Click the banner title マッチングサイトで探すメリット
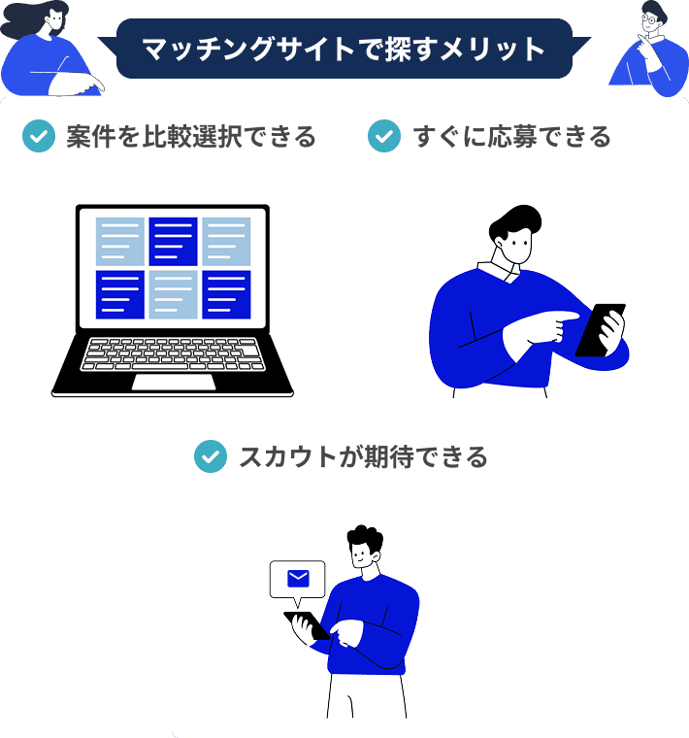click(x=344, y=50)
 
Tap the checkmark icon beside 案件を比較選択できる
click(x=38, y=137)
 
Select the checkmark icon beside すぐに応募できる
click(x=384, y=137)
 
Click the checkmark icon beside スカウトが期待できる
click(x=210, y=456)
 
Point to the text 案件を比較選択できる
click(x=191, y=137)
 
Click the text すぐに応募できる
click(x=511, y=137)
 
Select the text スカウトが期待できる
click(x=363, y=456)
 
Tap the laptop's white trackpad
click(x=174, y=382)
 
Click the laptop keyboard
click(x=173, y=353)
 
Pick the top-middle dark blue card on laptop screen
click(x=173, y=241)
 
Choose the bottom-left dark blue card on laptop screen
click(x=120, y=294)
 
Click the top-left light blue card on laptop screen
click(x=120, y=241)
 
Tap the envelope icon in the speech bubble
click(x=298, y=579)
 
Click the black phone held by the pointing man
click(x=600, y=330)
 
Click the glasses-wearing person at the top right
click(x=649, y=49)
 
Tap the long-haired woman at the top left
click(x=44, y=49)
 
